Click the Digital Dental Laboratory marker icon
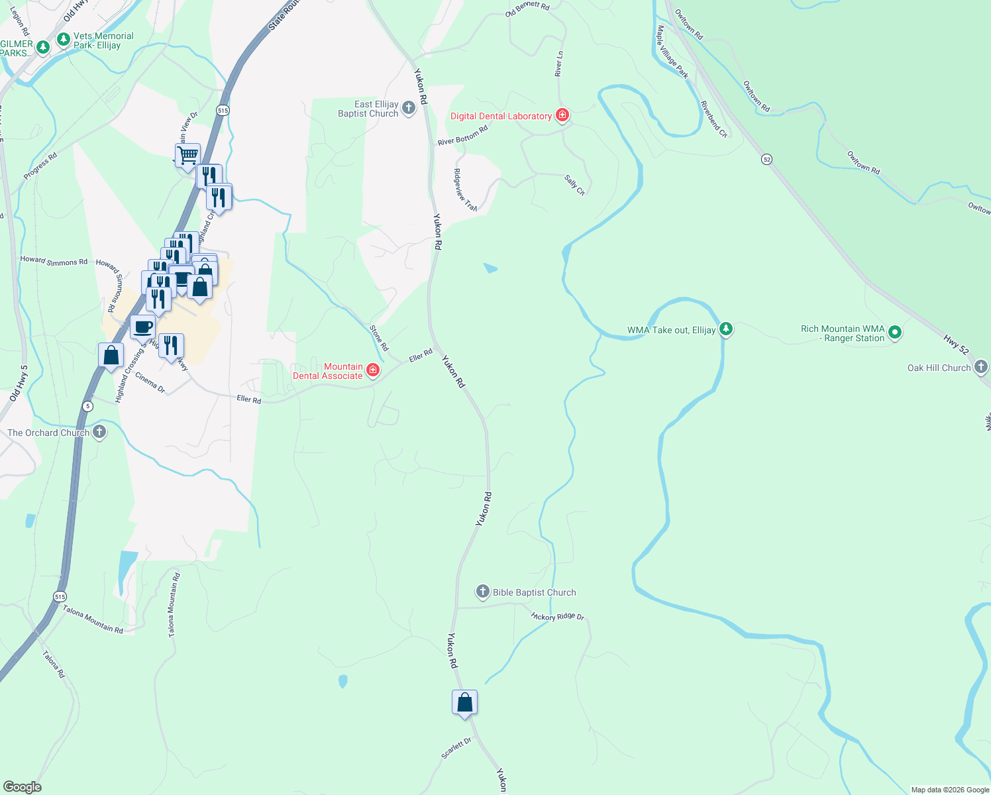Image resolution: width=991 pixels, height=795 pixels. [x=562, y=116]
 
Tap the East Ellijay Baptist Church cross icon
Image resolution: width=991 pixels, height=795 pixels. [x=409, y=108]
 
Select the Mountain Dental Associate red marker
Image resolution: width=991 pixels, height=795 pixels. [x=373, y=370]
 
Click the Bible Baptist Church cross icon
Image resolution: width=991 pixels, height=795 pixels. [x=483, y=592]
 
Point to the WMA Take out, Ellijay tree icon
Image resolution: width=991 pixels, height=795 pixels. [x=726, y=329]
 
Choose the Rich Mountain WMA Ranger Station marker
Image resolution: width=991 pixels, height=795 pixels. [x=895, y=333]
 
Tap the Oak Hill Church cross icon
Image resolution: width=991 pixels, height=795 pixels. [x=981, y=367]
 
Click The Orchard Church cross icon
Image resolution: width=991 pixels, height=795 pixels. [x=99, y=433]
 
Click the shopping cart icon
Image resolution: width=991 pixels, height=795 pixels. [x=188, y=156]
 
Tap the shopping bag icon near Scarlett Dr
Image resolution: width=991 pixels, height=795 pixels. [x=464, y=702]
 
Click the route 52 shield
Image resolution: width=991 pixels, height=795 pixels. [x=766, y=160]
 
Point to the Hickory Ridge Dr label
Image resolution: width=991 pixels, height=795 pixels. [x=558, y=617]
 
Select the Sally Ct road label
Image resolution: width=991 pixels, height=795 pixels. [x=574, y=185]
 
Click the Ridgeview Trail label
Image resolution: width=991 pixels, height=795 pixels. [x=465, y=190]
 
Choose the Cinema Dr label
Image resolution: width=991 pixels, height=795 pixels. [x=150, y=382]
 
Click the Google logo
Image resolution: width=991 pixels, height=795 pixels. [x=22, y=786]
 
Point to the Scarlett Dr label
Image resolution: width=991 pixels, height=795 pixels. [x=456, y=748]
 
